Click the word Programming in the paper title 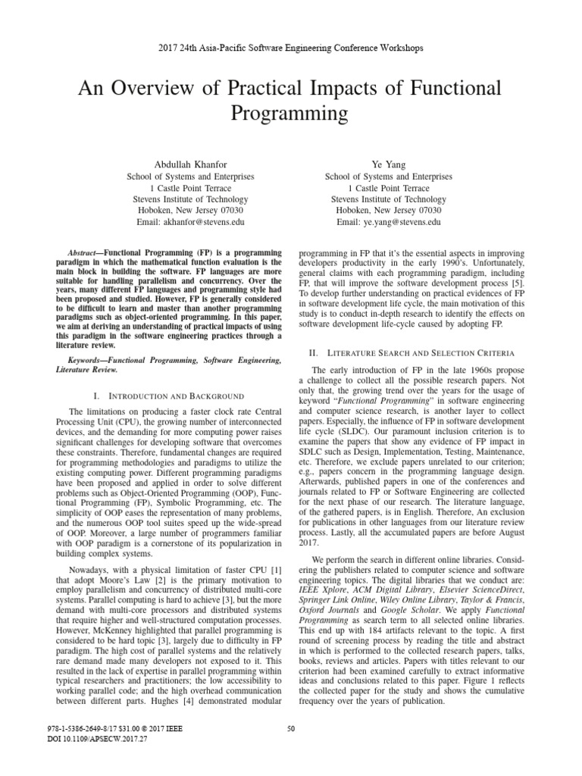291,114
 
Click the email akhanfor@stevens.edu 190,223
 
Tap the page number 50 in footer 291,729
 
